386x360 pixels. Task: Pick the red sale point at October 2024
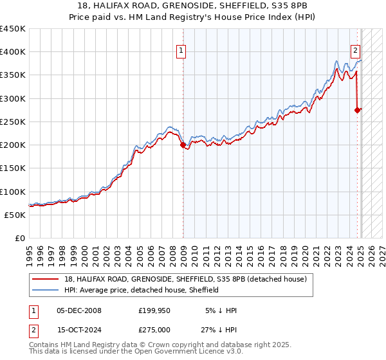coord(358,110)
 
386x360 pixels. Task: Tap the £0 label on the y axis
coord(19,239)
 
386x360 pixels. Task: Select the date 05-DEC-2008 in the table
coord(79,310)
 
